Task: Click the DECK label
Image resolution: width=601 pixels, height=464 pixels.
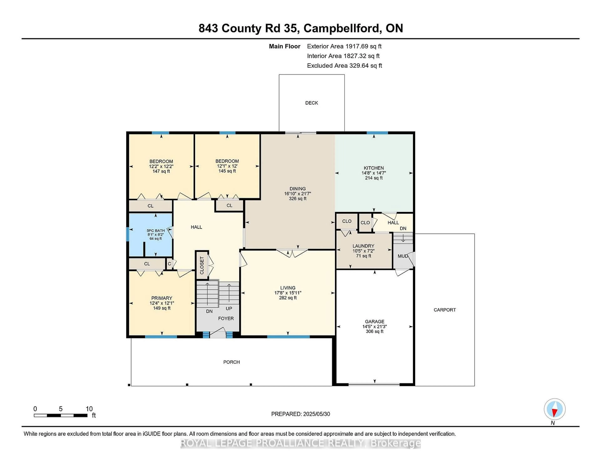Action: [311, 103]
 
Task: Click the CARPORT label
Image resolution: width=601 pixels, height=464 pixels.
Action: [444, 310]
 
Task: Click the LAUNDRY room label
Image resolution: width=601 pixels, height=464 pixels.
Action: [363, 246]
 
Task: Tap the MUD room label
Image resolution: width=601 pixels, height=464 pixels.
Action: [403, 256]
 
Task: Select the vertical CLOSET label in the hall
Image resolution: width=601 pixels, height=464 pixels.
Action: [202, 265]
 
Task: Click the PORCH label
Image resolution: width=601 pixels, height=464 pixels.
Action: [231, 362]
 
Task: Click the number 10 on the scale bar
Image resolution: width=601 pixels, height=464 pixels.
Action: [89, 409]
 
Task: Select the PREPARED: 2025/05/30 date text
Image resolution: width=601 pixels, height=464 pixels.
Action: [300, 414]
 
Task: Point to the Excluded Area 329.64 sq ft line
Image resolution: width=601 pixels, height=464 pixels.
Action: [344, 65]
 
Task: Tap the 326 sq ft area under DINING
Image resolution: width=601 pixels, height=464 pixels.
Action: [298, 199]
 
